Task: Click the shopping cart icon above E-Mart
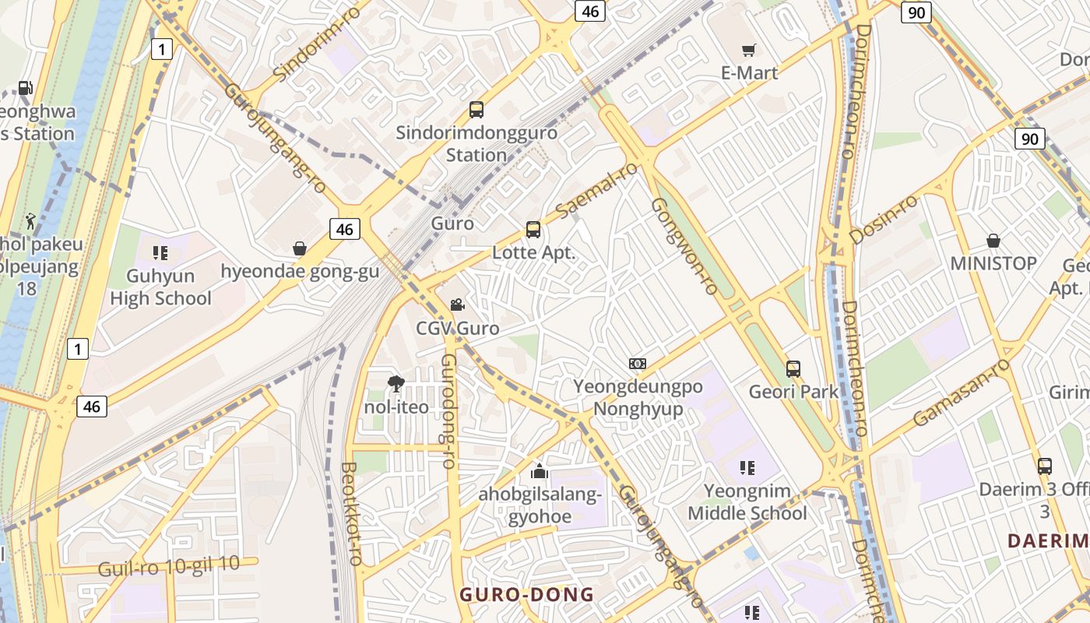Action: pos(748,51)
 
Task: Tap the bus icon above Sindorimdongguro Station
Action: pos(476,110)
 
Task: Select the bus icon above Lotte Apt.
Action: pos(533,230)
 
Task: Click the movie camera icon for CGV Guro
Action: pos(457,304)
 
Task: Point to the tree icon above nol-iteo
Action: pos(396,383)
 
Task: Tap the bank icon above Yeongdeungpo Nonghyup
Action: pos(638,364)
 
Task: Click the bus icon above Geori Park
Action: pos(793,368)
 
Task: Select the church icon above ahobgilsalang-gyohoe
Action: pos(539,471)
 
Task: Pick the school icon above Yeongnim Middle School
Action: pos(747,468)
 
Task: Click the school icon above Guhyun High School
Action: pos(160,253)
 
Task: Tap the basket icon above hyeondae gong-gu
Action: pos(300,248)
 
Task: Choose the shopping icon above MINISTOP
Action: pos(993,241)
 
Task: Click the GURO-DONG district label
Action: pos(526,595)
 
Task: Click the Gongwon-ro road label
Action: pos(684,246)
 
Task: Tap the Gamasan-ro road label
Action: pos(962,392)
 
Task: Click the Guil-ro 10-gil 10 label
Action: pos(169,566)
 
